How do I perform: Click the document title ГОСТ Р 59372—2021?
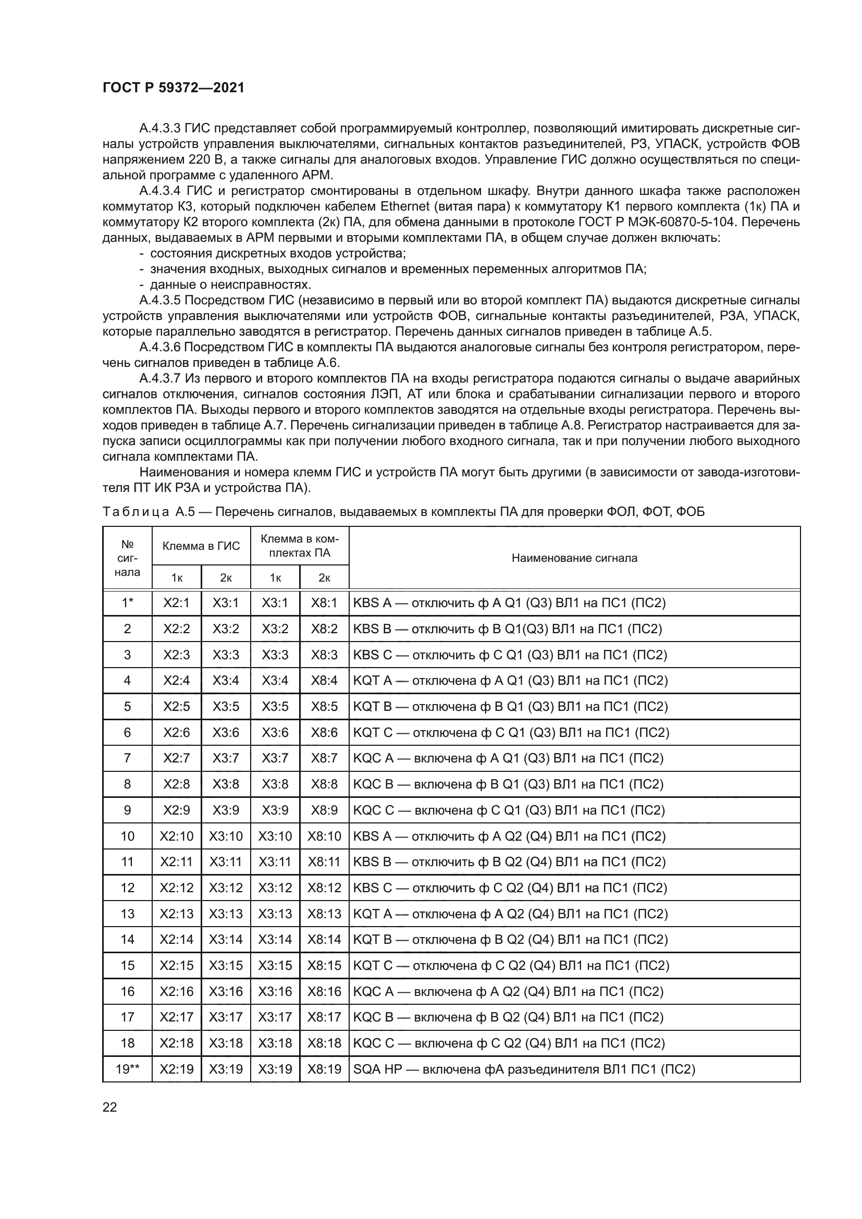(x=173, y=88)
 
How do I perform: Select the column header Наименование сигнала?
(x=574, y=558)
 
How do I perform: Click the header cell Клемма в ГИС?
(x=201, y=546)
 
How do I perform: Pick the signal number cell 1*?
(x=127, y=602)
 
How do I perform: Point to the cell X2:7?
(x=176, y=758)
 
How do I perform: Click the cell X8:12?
(x=324, y=888)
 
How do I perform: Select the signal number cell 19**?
(x=127, y=1069)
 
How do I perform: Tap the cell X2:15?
(x=176, y=965)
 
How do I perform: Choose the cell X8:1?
(x=324, y=602)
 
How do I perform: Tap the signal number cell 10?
(x=127, y=836)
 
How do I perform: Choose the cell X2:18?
(x=176, y=1043)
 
